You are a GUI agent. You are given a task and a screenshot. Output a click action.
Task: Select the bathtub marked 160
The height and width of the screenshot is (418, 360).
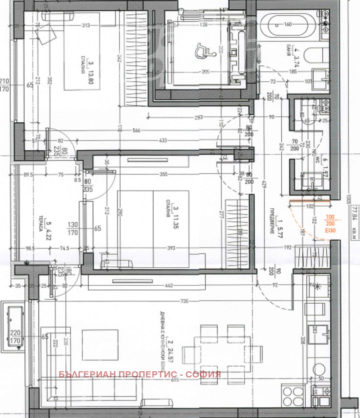point(288,24)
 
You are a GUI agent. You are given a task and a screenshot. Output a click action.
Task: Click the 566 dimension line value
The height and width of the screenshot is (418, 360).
point(136,130)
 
